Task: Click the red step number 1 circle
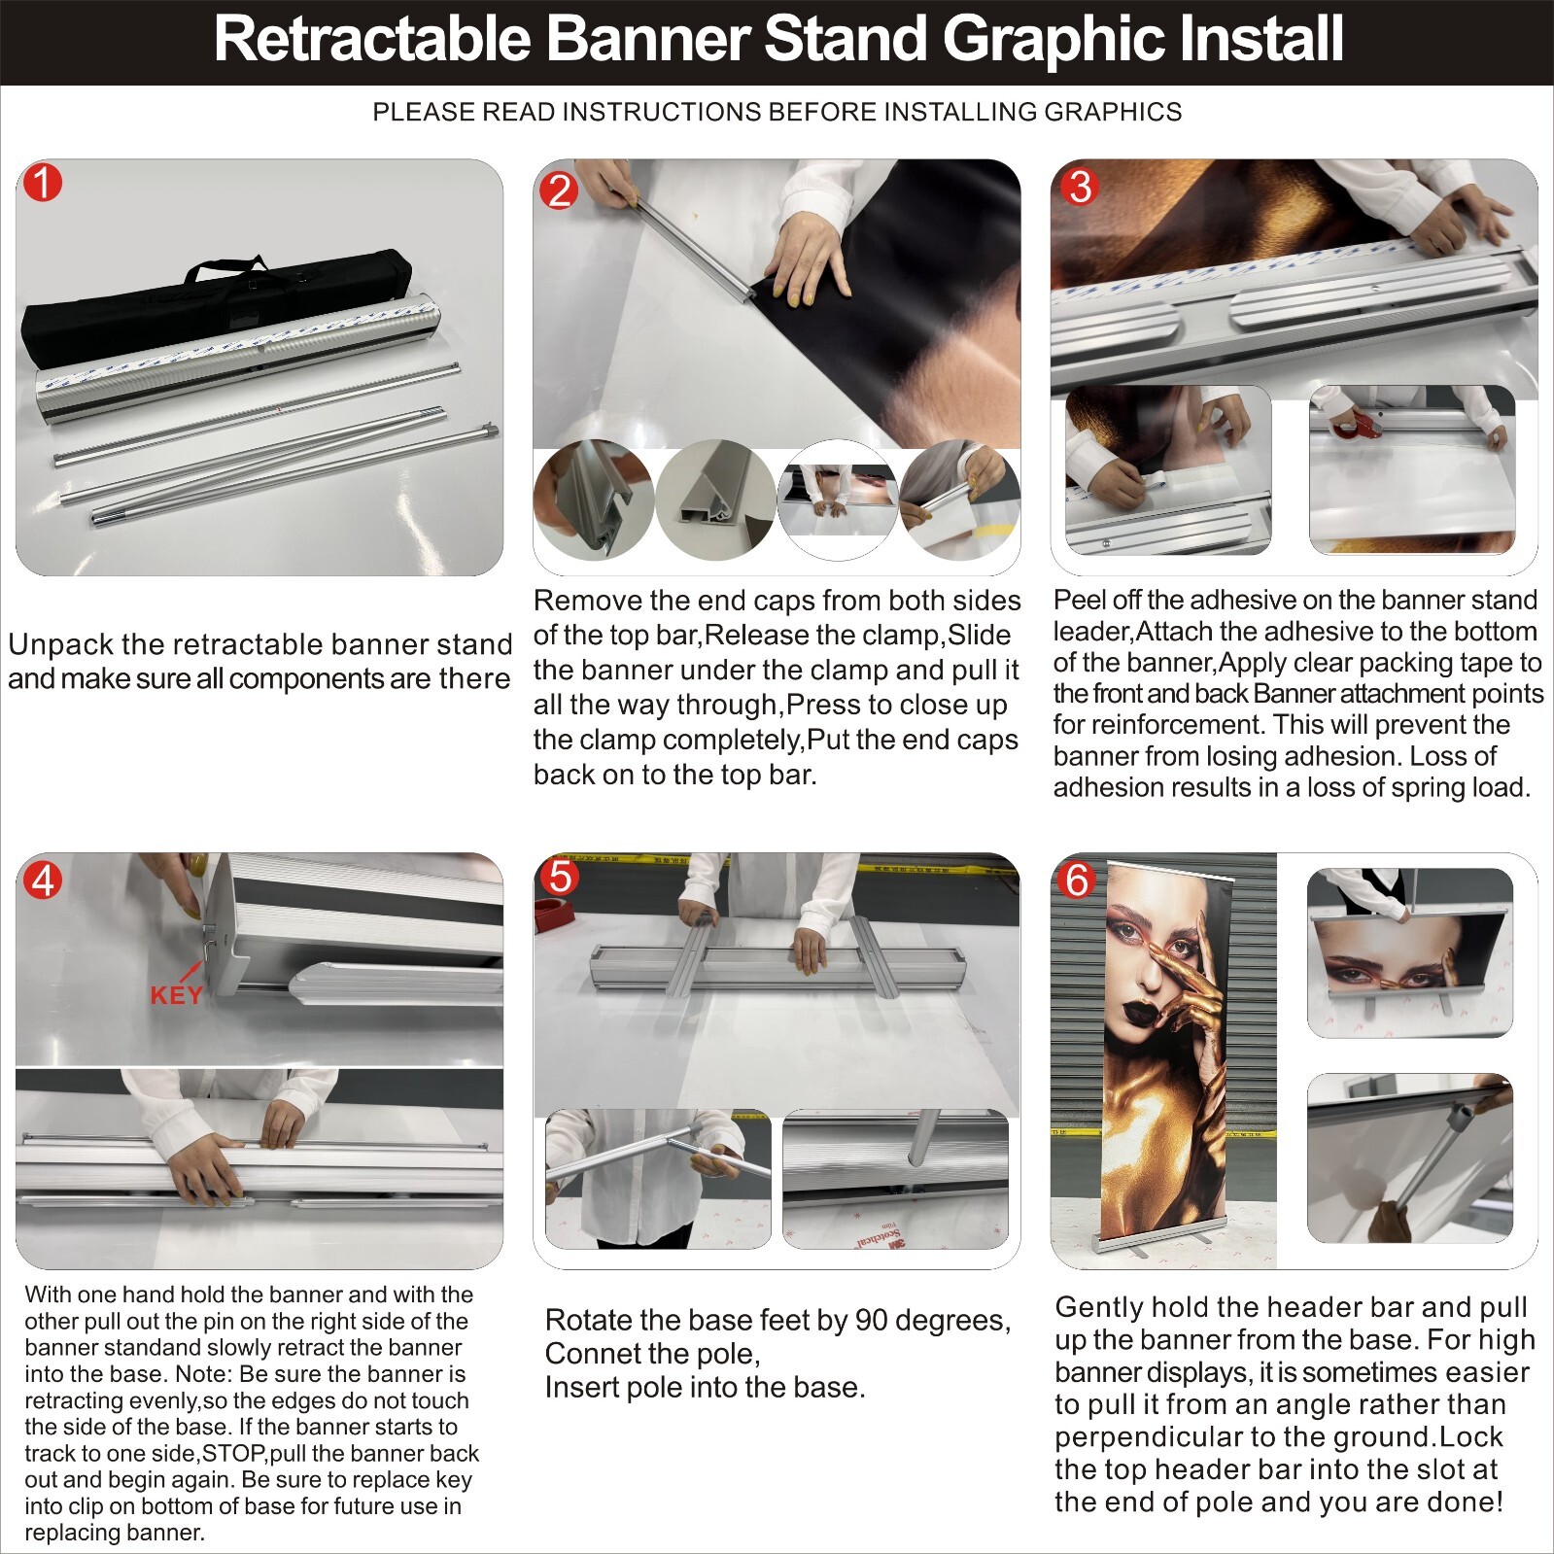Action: pos(43,183)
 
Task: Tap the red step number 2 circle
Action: pos(559,190)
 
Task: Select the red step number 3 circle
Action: pos(1079,187)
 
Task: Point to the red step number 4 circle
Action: pos(43,880)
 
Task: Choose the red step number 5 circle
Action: pos(560,877)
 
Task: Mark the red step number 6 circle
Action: pos(1077,880)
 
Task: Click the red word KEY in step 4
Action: pos(177,994)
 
